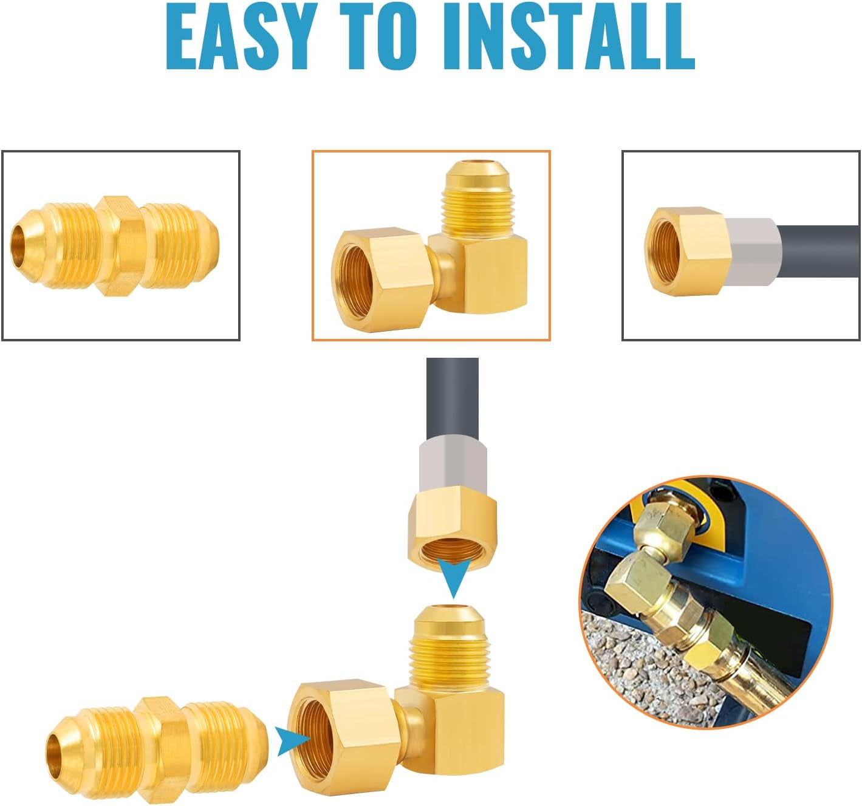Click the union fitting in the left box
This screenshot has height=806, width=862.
[115, 245]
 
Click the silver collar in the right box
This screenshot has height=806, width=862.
[753, 251]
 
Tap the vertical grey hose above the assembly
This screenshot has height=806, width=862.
[453, 399]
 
